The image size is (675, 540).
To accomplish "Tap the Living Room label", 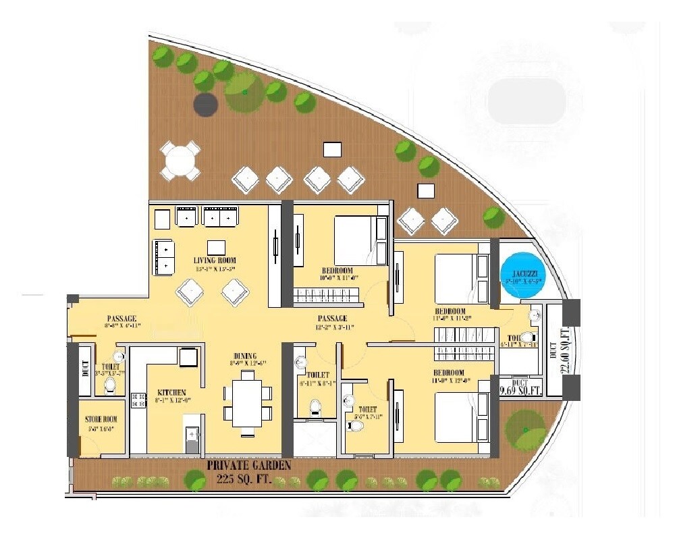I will (x=215, y=261).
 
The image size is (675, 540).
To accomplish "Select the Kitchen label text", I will (x=171, y=392).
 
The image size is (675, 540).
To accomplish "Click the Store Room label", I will (x=101, y=419).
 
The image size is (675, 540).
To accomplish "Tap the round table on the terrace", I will (x=180, y=161).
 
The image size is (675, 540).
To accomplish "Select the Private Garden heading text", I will (x=249, y=466).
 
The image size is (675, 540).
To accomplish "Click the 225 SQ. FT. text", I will (x=249, y=479).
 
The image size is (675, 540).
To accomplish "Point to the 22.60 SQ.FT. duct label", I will (x=566, y=350).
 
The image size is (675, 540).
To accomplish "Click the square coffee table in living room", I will (x=216, y=247).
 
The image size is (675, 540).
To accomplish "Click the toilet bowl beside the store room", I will (x=110, y=385).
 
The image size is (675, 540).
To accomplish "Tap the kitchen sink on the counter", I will (x=192, y=435).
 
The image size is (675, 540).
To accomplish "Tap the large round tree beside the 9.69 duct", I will (x=526, y=429).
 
